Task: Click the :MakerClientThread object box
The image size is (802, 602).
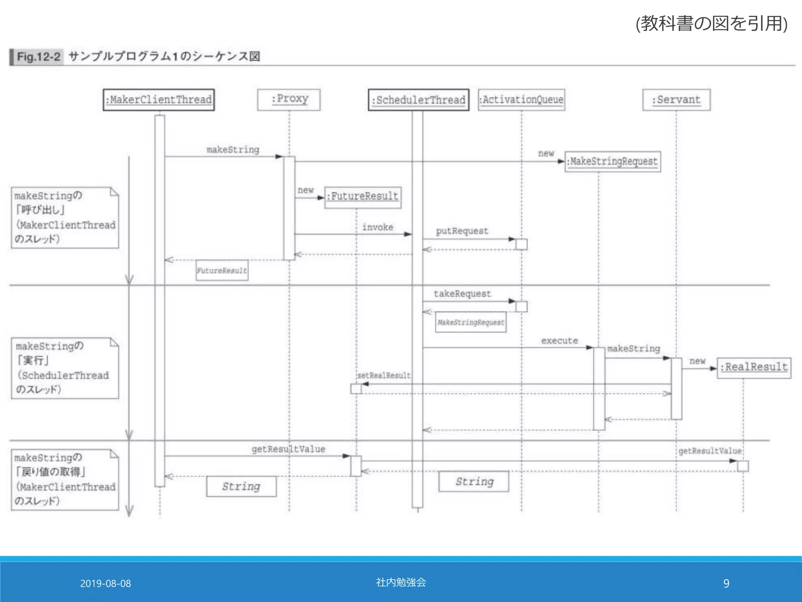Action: [x=159, y=100]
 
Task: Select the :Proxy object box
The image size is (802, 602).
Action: [x=289, y=100]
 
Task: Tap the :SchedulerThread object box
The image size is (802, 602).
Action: [x=419, y=100]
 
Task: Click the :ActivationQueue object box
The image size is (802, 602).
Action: [x=522, y=100]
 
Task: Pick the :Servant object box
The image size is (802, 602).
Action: [x=676, y=100]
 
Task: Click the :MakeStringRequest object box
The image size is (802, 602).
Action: [x=613, y=161]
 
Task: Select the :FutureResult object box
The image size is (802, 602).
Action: [x=363, y=197]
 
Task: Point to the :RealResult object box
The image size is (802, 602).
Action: [x=754, y=368]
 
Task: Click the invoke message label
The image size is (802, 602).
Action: [x=378, y=227]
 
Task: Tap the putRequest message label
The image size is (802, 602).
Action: [x=462, y=231]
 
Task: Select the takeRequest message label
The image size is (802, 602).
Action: [x=462, y=294]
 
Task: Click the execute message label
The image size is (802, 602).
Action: [x=559, y=341]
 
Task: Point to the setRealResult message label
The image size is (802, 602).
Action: [x=384, y=375]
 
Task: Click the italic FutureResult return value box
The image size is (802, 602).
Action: [x=222, y=270]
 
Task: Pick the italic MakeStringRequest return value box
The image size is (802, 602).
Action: [x=471, y=322]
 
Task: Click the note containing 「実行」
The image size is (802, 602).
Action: [x=65, y=368]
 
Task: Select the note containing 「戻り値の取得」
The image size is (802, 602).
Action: [x=65, y=479]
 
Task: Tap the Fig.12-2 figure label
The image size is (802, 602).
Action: [x=38, y=57]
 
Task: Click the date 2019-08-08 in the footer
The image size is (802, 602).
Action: [x=105, y=584]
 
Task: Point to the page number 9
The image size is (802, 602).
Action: [x=726, y=584]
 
